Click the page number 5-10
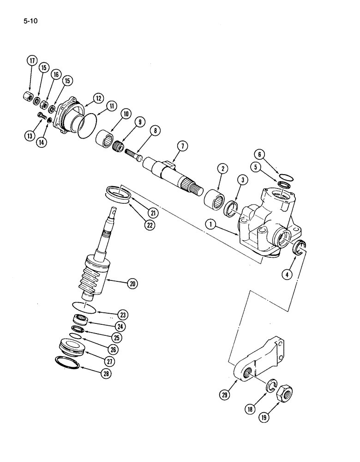pos(27,21)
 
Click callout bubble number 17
pos(32,61)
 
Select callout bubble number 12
pos(98,97)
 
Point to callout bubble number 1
pos(211,225)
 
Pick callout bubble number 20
pos(133,284)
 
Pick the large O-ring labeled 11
pos(86,125)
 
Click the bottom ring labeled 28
pos(67,362)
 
